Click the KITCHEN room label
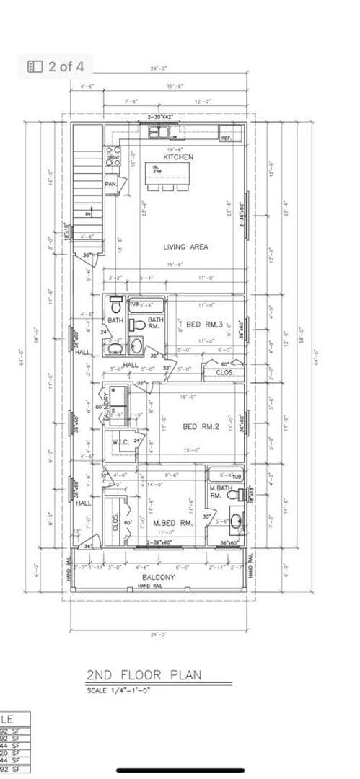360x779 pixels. (178, 157)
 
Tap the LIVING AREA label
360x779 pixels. (185, 247)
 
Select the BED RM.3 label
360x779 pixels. (204, 325)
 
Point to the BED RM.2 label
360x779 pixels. (200, 427)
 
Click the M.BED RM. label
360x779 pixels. (173, 523)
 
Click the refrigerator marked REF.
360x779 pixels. (226, 137)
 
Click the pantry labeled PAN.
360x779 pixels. (110, 185)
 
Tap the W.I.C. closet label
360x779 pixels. (120, 441)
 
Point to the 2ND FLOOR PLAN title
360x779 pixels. (144, 676)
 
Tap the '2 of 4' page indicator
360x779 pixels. (57, 66)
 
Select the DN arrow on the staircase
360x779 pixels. (88, 214)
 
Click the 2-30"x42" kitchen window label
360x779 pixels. (162, 117)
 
